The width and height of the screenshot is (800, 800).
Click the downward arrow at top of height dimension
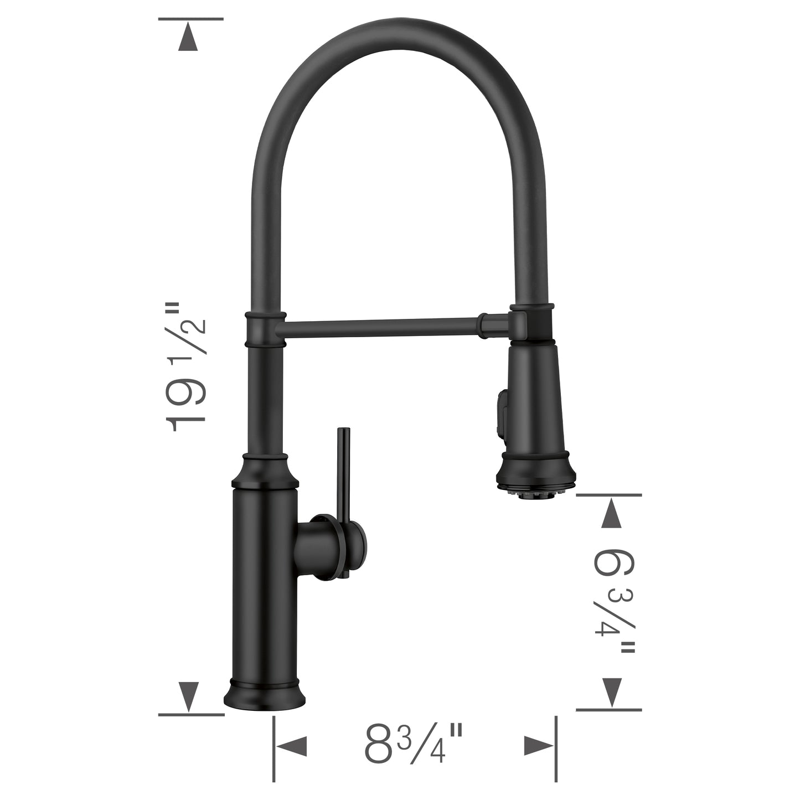coord(188,39)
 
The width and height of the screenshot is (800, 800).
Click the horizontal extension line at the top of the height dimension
coord(191,19)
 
